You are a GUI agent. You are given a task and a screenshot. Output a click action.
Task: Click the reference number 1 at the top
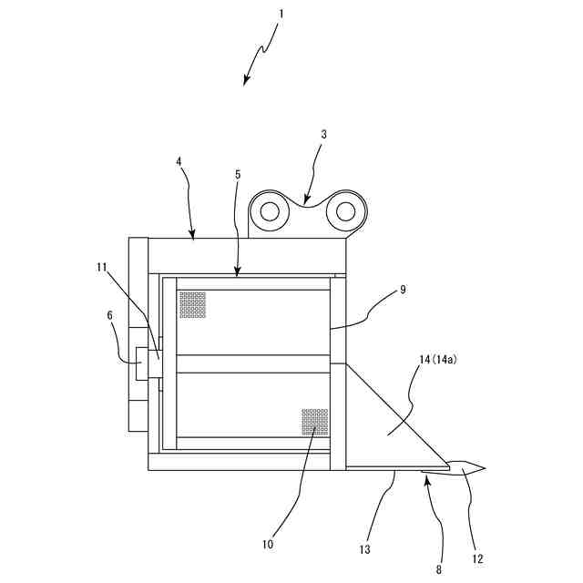(281, 15)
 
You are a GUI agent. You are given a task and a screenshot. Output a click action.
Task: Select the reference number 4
(179, 162)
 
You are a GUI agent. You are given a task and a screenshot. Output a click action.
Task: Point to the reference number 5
(237, 173)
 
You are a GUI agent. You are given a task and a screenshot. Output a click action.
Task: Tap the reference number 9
(403, 290)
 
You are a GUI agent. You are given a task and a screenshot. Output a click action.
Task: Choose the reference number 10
(268, 544)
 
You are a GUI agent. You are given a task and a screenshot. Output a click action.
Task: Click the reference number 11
(101, 268)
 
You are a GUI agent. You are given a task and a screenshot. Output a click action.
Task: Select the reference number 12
(477, 558)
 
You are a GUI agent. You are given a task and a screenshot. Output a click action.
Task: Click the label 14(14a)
(438, 360)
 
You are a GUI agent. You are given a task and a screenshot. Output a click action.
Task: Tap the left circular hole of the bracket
(269, 211)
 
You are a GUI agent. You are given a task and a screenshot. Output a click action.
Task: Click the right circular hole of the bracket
(344, 211)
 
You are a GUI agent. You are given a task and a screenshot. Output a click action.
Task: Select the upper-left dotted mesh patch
(192, 304)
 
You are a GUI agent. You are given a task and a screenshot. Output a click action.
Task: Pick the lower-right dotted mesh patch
(314, 422)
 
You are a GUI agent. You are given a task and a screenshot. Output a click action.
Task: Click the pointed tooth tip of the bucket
(483, 468)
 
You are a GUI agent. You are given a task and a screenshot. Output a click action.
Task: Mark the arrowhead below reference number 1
(246, 82)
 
